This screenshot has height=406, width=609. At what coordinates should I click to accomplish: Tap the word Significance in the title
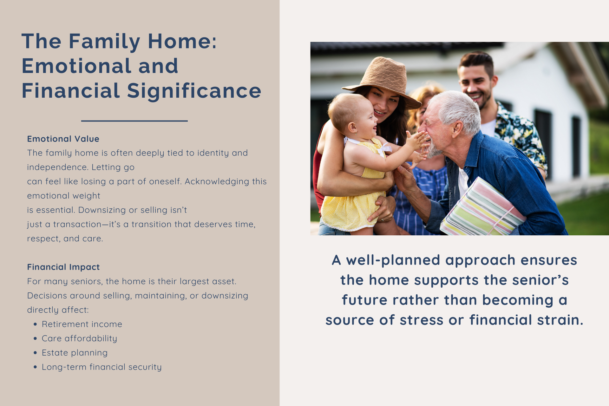(194, 91)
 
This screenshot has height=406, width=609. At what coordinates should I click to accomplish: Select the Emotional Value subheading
(63, 139)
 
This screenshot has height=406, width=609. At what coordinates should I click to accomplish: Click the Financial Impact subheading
(63, 267)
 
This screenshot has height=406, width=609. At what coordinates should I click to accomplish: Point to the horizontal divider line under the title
(134, 121)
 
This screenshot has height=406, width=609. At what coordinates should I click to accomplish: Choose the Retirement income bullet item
(82, 324)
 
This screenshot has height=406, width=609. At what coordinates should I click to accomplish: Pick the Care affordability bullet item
(79, 338)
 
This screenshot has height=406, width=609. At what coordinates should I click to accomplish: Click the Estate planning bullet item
(75, 353)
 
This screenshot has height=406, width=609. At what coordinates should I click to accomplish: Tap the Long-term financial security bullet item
(101, 367)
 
